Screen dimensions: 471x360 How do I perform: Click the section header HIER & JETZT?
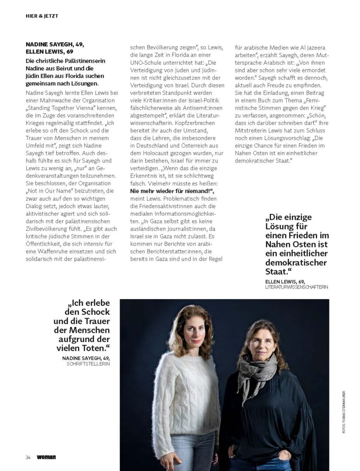coord(42,16)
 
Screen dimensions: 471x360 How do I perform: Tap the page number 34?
coord(27,457)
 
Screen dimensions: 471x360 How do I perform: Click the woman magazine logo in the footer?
coord(46,457)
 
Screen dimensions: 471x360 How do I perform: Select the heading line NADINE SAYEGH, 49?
coord(55,44)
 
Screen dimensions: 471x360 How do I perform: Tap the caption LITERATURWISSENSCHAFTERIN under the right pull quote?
coord(296,287)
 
